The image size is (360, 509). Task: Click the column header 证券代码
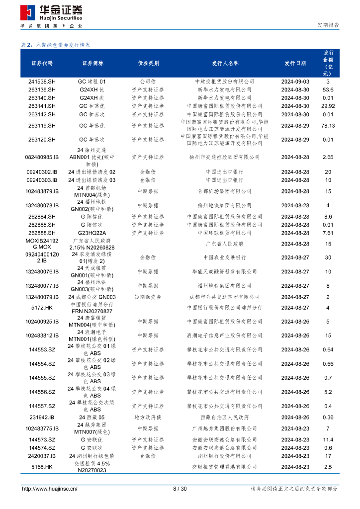pyautogui.click(x=42, y=64)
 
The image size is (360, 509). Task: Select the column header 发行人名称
pyautogui.click(x=225, y=64)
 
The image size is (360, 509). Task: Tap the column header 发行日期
pyautogui.click(x=295, y=64)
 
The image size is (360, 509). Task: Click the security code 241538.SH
pyautogui.click(x=42, y=82)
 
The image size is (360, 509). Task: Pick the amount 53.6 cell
pyautogui.click(x=328, y=90)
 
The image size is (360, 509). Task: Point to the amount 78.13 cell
pyautogui.click(x=328, y=126)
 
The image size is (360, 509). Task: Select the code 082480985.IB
pyautogui.click(x=42, y=157)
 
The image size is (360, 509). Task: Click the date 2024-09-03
pyautogui.click(x=295, y=82)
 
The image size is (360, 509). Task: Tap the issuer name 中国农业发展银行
pyautogui.click(x=225, y=258)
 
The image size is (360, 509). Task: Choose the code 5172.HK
pyautogui.click(x=42, y=308)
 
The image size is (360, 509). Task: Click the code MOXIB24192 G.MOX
pyautogui.click(x=42, y=244)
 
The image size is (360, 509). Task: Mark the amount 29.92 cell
pyautogui.click(x=328, y=106)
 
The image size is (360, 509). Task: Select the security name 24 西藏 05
pyautogui.click(x=92, y=418)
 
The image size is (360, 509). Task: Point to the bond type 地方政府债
pyautogui.click(x=148, y=418)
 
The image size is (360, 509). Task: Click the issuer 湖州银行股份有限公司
pyautogui.click(x=225, y=456)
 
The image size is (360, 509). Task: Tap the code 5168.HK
pyautogui.click(x=42, y=467)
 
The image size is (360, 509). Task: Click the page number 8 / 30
pyautogui.click(x=180, y=489)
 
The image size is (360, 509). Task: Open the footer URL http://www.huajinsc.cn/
pyautogui.click(x=50, y=489)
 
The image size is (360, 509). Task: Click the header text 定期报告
pyautogui.click(x=328, y=25)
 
